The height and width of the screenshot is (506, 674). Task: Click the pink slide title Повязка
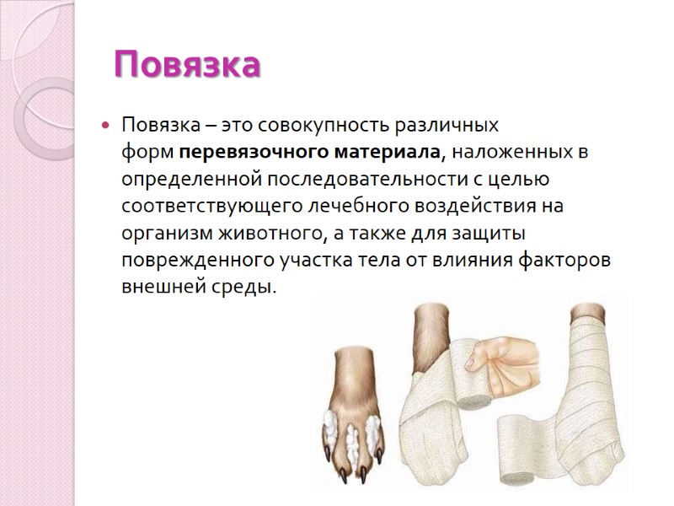[x=186, y=65]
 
